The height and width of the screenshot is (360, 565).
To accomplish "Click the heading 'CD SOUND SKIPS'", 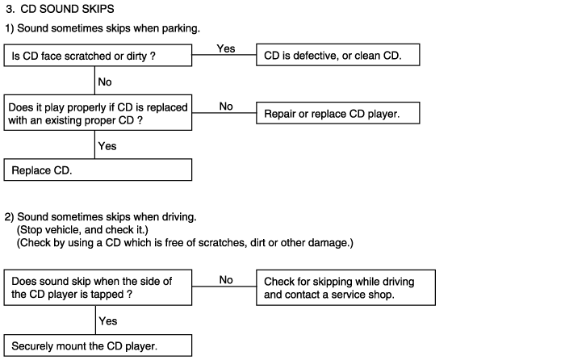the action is pos(67,9).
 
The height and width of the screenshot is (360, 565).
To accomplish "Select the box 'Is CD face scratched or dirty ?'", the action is pos(98,56).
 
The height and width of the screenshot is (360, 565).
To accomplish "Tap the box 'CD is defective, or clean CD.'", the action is pos(338,55).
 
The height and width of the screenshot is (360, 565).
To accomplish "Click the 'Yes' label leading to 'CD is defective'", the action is pos(226,48).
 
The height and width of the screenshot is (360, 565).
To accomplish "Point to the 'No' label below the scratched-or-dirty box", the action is pos(105,82).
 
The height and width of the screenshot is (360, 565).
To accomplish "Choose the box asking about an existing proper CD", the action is pos(98,113).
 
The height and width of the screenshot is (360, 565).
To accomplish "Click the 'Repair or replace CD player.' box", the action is pos(338,113).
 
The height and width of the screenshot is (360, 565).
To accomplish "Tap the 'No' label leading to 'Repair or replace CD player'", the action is pos(226,107).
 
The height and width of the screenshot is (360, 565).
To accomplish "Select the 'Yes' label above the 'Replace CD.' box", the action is pos(107,146).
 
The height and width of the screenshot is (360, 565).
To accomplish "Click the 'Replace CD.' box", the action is pos(98,170).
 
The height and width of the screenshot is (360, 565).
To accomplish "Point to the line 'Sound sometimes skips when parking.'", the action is pos(108,28).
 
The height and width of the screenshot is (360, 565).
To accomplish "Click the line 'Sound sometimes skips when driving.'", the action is pos(107,217).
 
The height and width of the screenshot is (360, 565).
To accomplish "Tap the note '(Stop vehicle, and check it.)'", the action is pos(82,230).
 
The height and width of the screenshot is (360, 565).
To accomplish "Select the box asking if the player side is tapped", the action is pos(98,287).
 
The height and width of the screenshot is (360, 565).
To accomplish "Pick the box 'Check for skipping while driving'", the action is pos(345,287).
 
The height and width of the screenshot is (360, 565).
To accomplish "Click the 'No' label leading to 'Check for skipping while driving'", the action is pos(226,280).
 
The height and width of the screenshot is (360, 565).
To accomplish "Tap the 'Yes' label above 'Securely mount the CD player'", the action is pos(108,321).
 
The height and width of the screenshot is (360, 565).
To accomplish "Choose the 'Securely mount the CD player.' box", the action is pos(98,345).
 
